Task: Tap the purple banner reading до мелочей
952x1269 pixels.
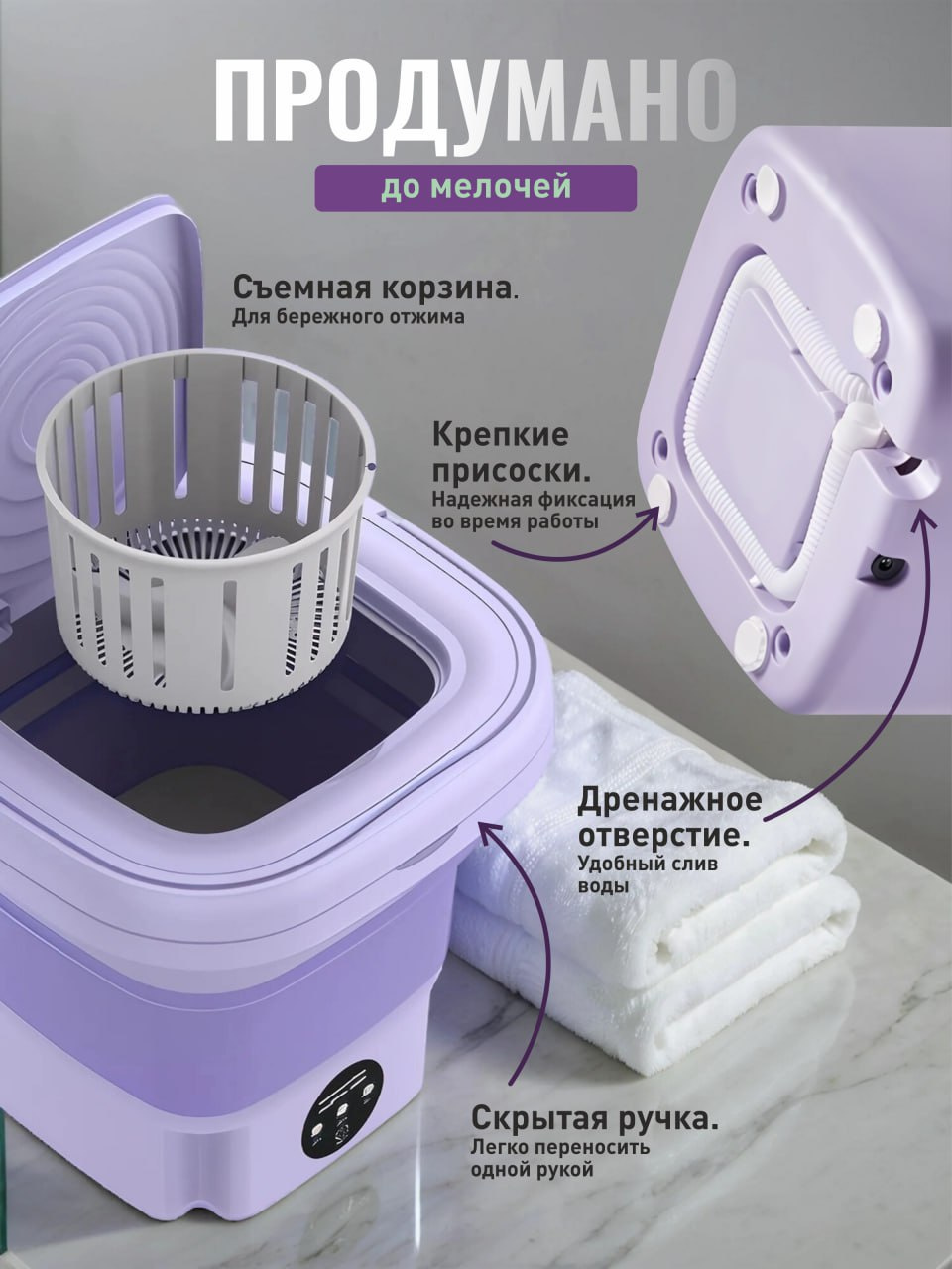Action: click(475, 188)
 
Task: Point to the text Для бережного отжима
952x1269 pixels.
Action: click(348, 318)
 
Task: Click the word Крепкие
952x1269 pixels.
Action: click(501, 435)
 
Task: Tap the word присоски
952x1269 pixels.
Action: click(512, 472)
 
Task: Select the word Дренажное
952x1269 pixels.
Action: click(670, 800)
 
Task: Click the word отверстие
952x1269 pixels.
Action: click(664, 836)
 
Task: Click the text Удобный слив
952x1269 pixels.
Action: click(648, 865)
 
